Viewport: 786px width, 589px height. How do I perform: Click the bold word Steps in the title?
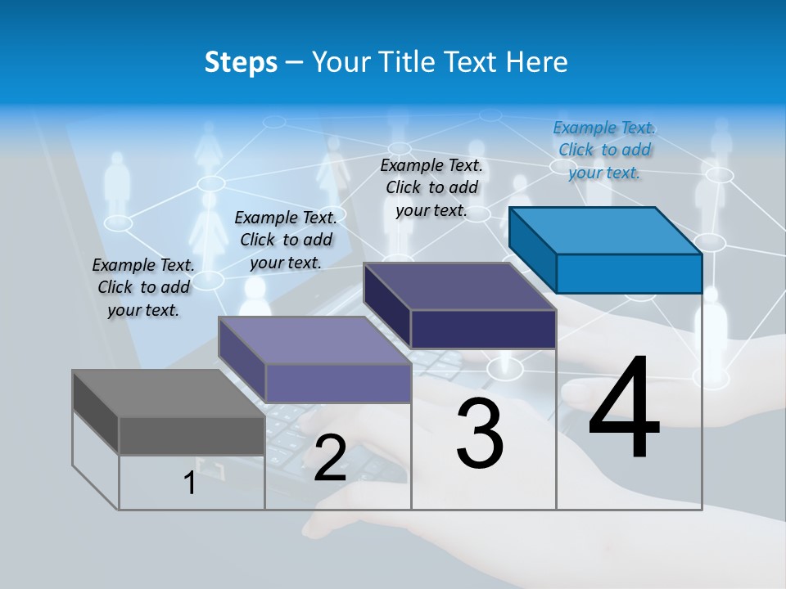pyautogui.click(x=241, y=62)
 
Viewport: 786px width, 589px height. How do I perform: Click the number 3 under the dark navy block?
pyautogui.click(x=480, y=433)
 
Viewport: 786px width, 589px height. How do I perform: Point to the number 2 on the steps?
pyautogui.click(x=330, y=457)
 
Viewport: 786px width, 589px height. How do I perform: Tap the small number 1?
pyautogui.click(x=190, y=483)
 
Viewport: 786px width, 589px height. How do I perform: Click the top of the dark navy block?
pyautogui.click(x=459, y=286)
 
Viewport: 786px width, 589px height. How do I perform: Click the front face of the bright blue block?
pyautogui.click(x=629, y=273)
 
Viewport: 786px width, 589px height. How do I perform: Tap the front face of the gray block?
pyautogui.click(x=192, y=435)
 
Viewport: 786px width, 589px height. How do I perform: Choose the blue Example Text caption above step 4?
pyautogui.click(x=603, y=150)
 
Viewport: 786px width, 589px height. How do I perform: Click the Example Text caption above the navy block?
pyautogui.click(x=431, y=187)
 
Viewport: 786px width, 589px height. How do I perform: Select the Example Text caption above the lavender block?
pyautogui.click(x=286, y=240)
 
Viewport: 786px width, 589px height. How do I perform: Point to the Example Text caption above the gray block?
pyautogui.click(x=143, y=287)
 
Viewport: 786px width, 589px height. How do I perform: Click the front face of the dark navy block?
pyautogui.click(x=483, y=329)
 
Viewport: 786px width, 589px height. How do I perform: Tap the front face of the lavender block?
pyautogui.click(x=338, y=383)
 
